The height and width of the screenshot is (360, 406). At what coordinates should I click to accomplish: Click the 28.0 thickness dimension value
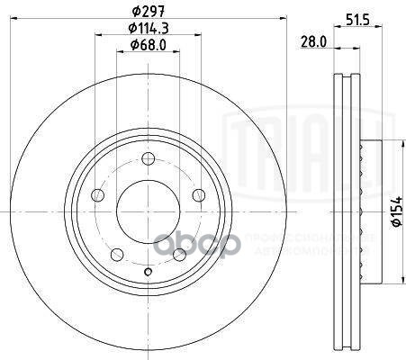311,41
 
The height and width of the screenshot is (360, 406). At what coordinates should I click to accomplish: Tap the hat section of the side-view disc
363,209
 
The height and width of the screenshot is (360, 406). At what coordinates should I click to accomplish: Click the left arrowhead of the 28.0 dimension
336,49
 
